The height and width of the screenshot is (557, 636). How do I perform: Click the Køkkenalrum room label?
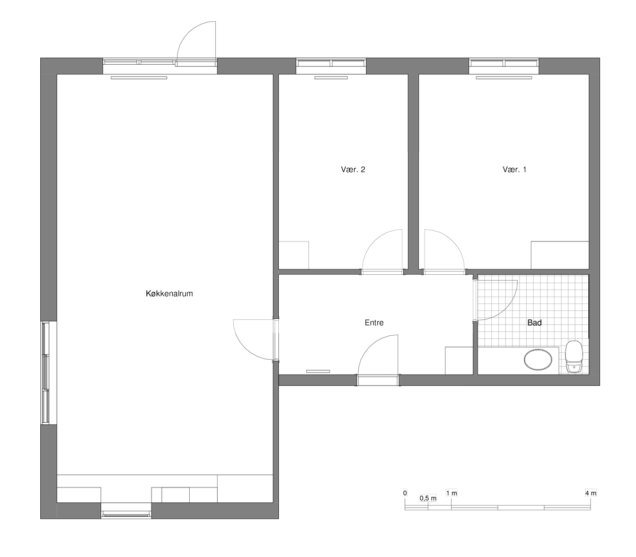point(169,293)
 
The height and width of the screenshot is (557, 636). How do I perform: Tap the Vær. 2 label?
point(353,170)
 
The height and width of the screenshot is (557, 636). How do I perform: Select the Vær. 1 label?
point(515,170)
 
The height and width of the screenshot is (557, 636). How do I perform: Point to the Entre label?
point(374,323)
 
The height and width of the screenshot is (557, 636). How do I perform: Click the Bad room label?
point(534,323)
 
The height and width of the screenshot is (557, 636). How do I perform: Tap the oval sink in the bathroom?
point(538,360)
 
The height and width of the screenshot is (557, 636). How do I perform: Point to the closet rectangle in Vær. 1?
point(560,255)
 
